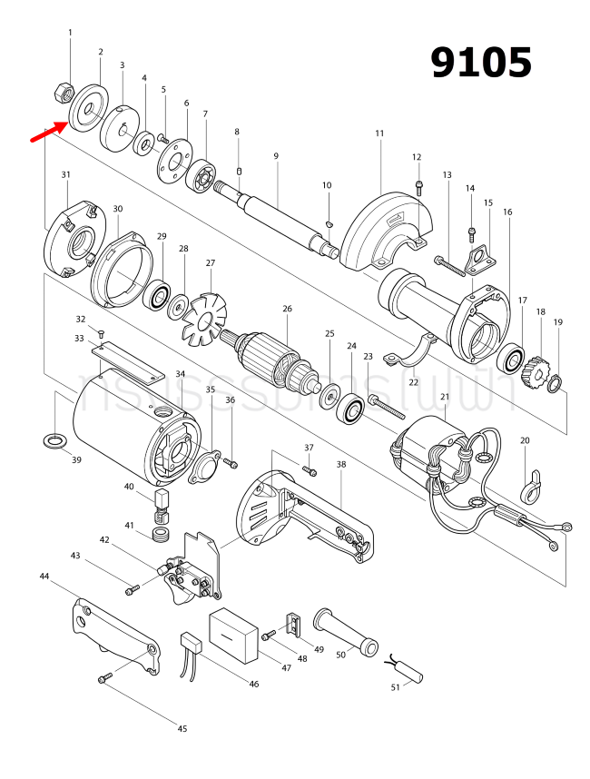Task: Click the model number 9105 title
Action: [x=480, y=63]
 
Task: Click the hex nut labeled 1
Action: [x=64, y=92]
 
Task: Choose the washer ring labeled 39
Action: [x=54, y=441]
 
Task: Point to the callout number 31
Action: [x=65, y=174]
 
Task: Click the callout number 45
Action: [x=182, y=729]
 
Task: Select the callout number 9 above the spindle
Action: [x=275, y=156]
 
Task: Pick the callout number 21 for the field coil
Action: [x=444, y=398]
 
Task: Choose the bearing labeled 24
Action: [x=349, y=409]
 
